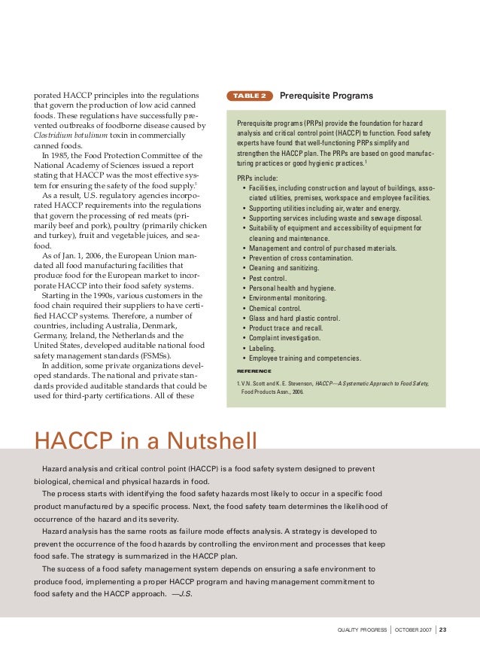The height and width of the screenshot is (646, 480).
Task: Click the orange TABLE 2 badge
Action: pyautogui.click(x=248, y=96)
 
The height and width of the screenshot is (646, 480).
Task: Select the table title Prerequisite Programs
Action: pyautogui.click(x=326, y=96)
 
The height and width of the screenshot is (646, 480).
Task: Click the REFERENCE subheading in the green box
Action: pyautogui.click(x=254, y=371)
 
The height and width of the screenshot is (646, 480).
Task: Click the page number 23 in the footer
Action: pyautogui.click(x=442, y=629)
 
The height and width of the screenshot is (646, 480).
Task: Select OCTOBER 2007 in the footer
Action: pyautogui.click(x=412, y=629)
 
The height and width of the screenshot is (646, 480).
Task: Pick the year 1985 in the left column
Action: pyautogui.click(x=62, y=156)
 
